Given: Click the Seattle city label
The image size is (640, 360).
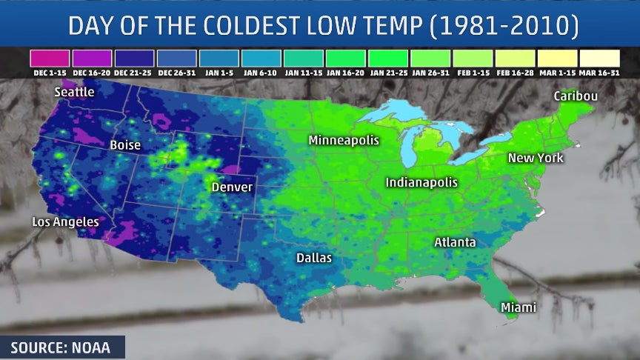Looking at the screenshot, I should (74, 92).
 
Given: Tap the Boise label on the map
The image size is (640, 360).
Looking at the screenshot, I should (125, 145).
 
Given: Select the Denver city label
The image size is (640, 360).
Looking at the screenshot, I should (232, 187).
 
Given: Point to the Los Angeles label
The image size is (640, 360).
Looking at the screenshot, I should (65, 221).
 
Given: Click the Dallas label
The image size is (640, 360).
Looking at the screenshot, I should (314, 258).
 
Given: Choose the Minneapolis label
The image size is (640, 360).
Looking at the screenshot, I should (344, 140).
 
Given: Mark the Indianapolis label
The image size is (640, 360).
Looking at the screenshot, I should (421, 182).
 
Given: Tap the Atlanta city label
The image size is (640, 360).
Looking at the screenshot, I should (455, 242).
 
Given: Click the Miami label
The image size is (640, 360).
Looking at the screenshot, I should (519, 307).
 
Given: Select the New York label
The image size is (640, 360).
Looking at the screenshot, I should (536, 158).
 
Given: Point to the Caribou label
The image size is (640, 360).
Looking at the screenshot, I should (576, 96).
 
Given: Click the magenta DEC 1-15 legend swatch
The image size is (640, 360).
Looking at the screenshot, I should (50, 58).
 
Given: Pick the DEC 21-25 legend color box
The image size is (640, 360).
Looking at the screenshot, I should (135, 58).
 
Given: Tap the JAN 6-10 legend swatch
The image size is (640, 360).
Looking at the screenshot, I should (261, 58).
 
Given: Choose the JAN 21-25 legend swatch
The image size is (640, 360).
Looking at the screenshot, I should (387, 58).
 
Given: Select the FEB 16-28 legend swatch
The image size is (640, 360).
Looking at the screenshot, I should (514, 58).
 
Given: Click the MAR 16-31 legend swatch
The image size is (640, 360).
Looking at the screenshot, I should (599, 58).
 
